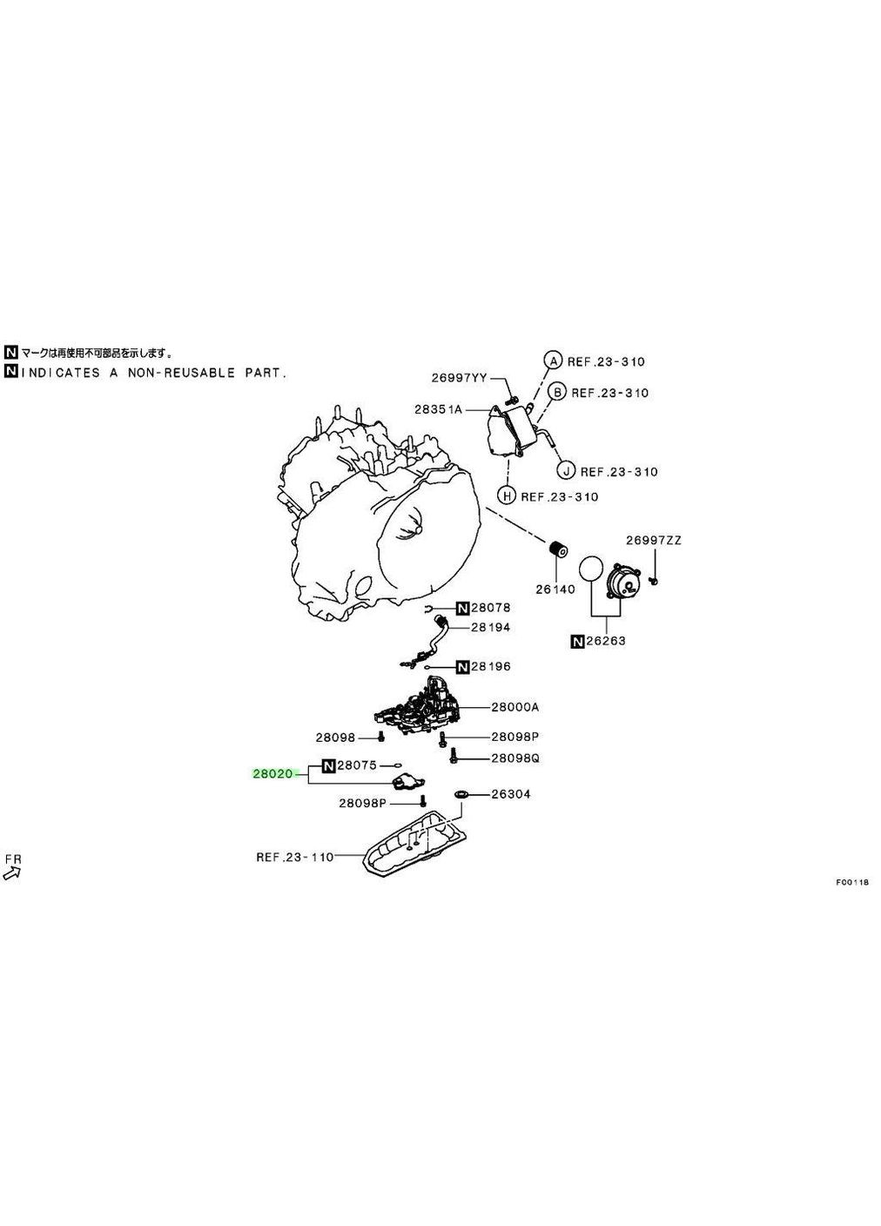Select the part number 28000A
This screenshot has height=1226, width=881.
tap(514, 707)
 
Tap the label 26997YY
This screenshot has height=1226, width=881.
tap(459, 378)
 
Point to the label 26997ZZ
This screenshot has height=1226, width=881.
tap(654, 540)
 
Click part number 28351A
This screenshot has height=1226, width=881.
tap(439, 408)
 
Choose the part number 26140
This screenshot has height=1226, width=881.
tap(555, 589)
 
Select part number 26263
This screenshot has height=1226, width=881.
tap(606, 641)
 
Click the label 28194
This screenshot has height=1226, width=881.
tap(491, 627)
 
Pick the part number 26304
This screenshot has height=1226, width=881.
tap(511, 794)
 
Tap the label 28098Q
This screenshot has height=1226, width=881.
tap(515, 758)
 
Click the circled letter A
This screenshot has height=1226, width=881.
tap(552, 360)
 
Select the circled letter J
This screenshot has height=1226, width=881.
tap(566, 471)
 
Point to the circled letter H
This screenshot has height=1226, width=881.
tap(506, 496)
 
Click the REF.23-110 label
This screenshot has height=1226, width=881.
tap(294, 857)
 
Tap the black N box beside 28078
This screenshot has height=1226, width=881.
tap(462, 608)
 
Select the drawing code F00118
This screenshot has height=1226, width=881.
tap(853, 882)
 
